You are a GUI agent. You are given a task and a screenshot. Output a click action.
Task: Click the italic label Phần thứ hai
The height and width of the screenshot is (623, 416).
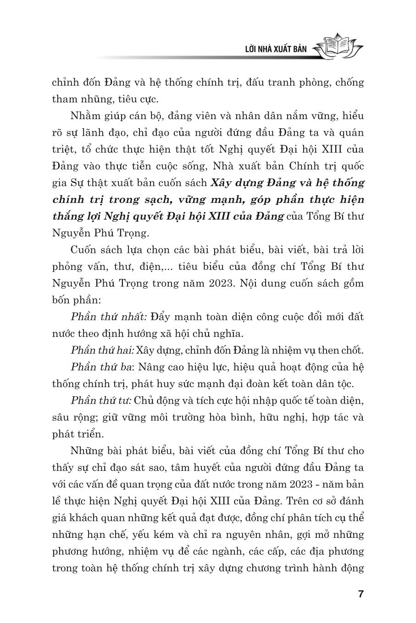102,350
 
